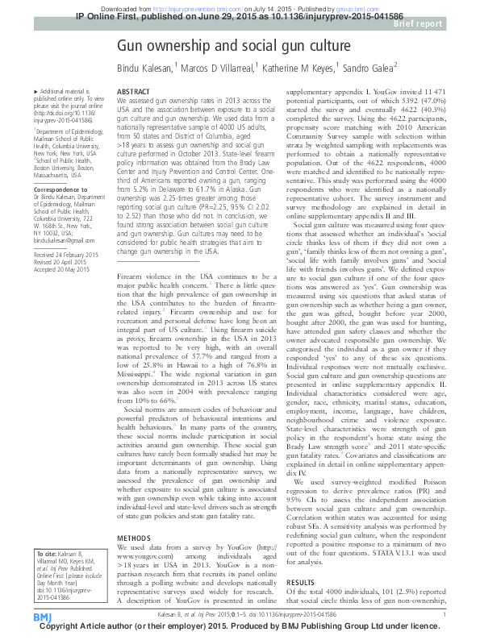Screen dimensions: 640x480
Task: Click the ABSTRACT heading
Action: click(133, 93)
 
